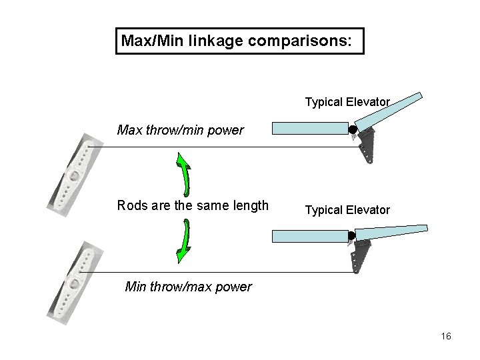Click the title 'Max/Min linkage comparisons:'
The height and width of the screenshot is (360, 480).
240,41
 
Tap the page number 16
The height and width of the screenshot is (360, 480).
446,336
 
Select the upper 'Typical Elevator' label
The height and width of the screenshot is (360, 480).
347,102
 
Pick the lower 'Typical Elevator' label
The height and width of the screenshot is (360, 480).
347,210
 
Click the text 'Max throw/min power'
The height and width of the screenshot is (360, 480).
180,130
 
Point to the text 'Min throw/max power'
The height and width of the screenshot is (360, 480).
189,287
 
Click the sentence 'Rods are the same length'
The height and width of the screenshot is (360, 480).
193,205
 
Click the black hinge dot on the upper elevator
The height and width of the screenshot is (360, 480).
353,129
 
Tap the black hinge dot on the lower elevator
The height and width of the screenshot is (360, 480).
351,235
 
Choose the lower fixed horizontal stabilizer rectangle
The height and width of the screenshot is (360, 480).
311,235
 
